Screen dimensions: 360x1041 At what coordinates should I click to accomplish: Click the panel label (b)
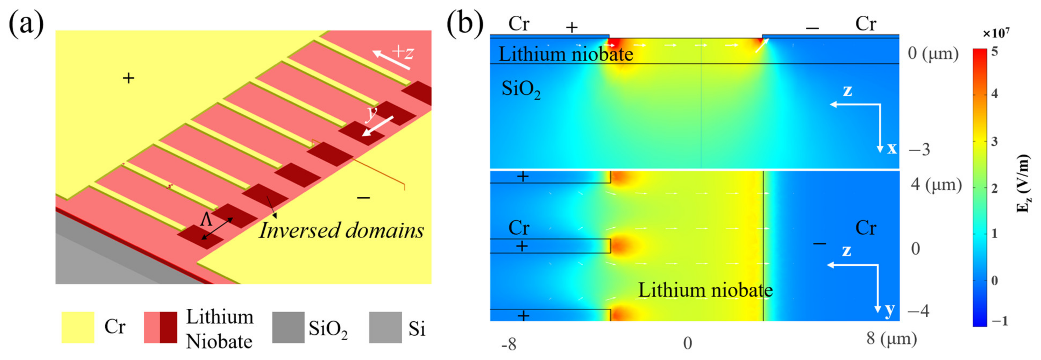coord(465,23)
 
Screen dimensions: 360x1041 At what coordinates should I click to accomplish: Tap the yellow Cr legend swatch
coord(78,327)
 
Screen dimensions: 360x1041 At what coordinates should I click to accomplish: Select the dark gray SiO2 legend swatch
coord(288,327)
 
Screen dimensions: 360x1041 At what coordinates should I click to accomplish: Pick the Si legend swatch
coord(385,327)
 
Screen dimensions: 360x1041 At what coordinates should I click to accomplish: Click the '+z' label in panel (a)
coord(403,52)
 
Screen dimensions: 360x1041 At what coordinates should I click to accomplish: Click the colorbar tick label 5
coord(994,51)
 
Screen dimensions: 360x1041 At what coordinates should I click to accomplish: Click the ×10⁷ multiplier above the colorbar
coord(995,33)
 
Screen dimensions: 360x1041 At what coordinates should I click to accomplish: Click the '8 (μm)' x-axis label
coord(891,338)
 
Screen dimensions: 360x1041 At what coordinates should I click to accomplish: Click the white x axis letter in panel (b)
coord(892,148)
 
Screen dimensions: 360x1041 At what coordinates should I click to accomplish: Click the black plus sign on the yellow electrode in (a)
coord(129,78)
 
